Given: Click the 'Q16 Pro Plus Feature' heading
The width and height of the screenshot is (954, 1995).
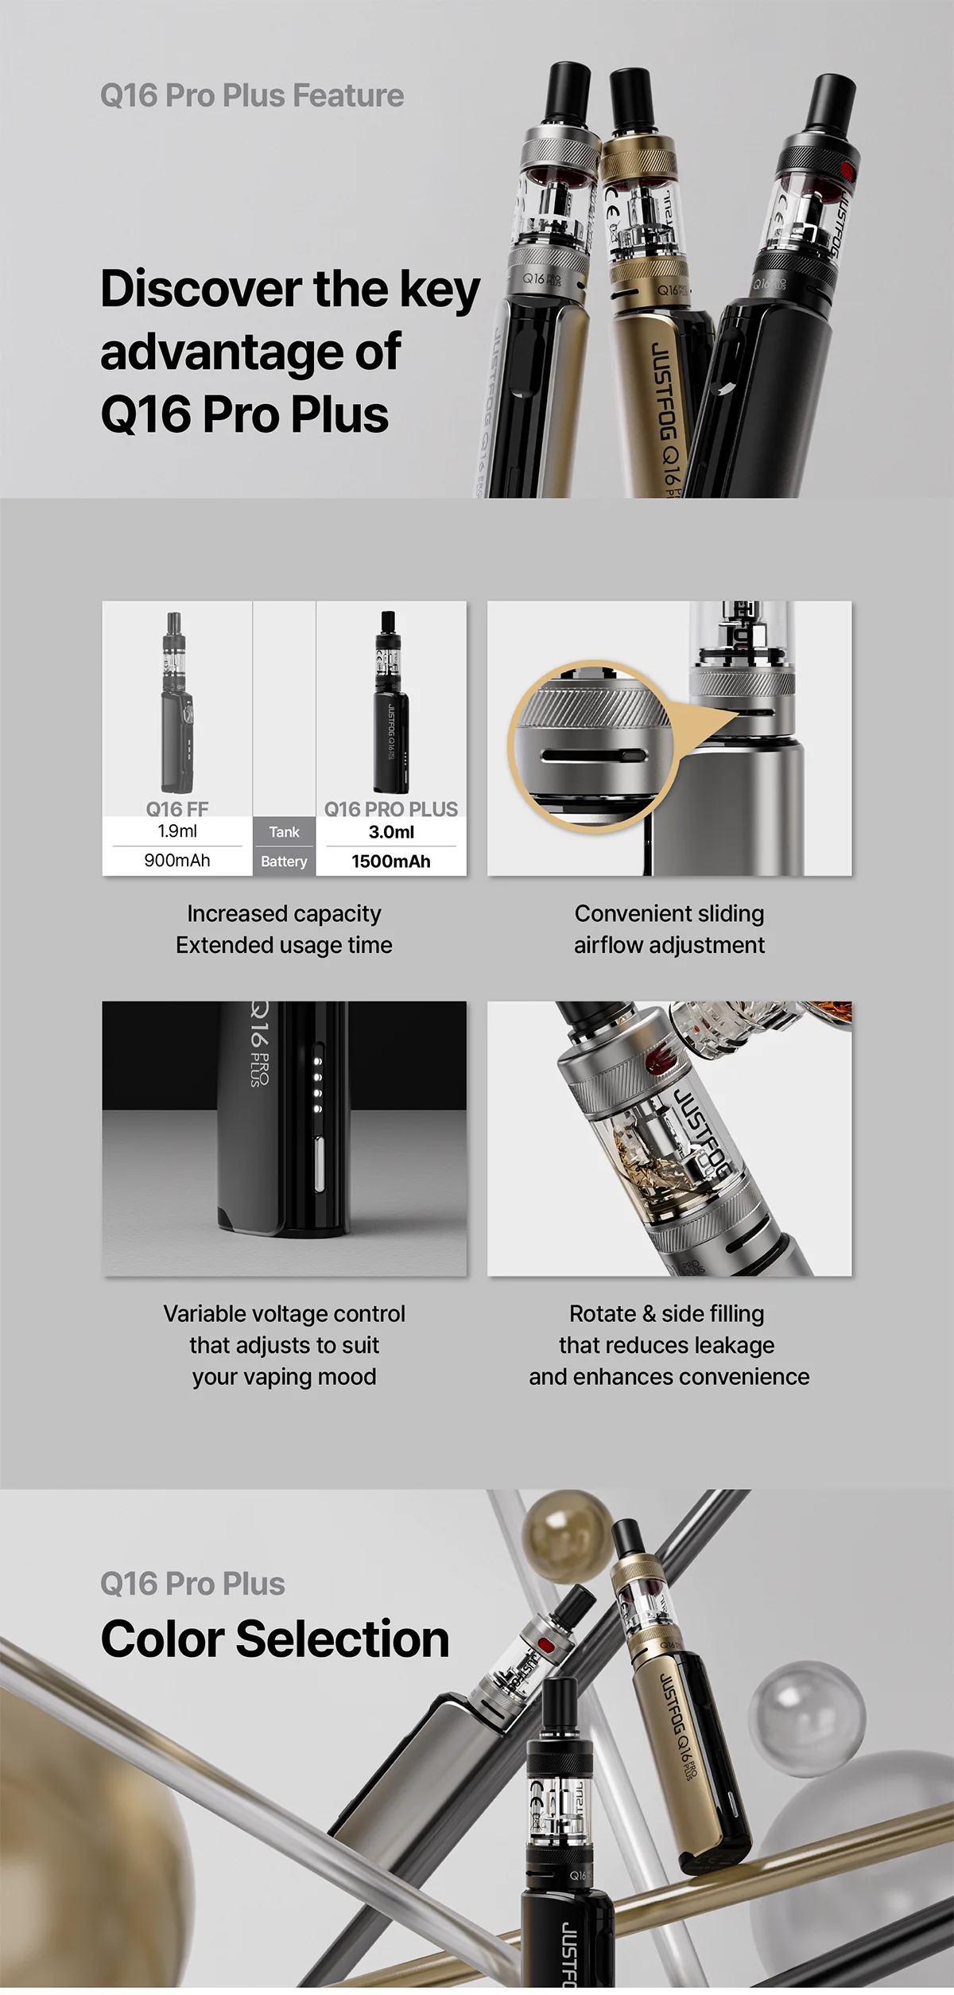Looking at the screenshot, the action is coord(252,95).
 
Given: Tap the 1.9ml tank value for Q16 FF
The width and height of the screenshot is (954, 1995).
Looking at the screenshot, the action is coord(177,831).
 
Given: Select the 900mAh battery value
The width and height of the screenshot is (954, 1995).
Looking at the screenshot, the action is coord(177,861).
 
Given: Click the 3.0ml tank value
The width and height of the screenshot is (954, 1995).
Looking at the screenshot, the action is coord(391,832).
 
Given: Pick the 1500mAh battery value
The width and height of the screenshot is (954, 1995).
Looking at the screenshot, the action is coord(391,861).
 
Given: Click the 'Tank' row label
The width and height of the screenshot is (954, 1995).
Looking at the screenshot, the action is coord(284,832).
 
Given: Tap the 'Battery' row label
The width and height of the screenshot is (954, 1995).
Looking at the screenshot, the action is coord(284,861).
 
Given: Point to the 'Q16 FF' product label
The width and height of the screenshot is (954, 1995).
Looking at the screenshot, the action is coord(177,809).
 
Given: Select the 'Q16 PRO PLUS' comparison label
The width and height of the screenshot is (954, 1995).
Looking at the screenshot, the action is coord(391,809).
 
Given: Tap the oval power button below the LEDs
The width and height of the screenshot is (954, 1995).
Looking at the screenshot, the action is coord(320,1164).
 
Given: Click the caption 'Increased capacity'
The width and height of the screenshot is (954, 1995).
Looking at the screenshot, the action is coord(284,914).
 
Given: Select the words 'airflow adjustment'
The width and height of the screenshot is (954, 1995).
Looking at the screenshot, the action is coord(669,945).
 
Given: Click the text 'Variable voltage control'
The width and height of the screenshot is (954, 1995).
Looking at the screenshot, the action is coord(284,1313).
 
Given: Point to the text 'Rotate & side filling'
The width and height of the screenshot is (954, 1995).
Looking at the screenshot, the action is coord(667,1313).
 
